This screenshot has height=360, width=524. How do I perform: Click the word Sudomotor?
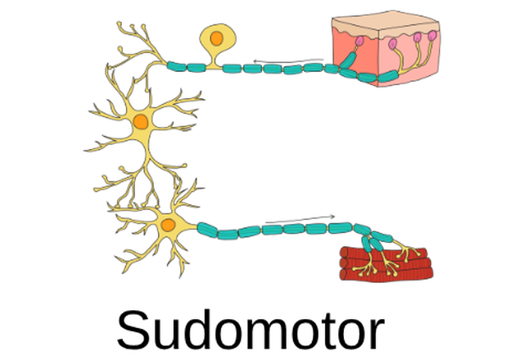(x=251, y=330)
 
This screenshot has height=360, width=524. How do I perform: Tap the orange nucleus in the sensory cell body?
(x=216, y=38)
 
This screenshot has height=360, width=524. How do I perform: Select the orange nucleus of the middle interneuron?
(x=141, y=122)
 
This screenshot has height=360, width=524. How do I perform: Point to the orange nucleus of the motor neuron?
(x=168, y=225)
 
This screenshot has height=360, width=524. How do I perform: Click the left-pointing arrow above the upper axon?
(x=288, y=61)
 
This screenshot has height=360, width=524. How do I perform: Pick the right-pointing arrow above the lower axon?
(x=300, y=219)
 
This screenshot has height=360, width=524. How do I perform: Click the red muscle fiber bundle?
(x=386, y=263)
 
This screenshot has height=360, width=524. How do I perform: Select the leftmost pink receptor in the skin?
(x=359, y=41)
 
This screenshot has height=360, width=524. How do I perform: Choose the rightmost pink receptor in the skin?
(x=432, y=35)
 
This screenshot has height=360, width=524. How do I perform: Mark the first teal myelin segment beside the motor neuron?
(x=207, y=230)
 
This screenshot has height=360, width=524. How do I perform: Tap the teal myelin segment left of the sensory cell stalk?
(x=196, y=68)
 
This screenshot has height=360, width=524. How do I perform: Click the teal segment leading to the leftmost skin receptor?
(x=348, y=60)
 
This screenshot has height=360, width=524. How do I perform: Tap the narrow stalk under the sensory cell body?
(x=215, y=61)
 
